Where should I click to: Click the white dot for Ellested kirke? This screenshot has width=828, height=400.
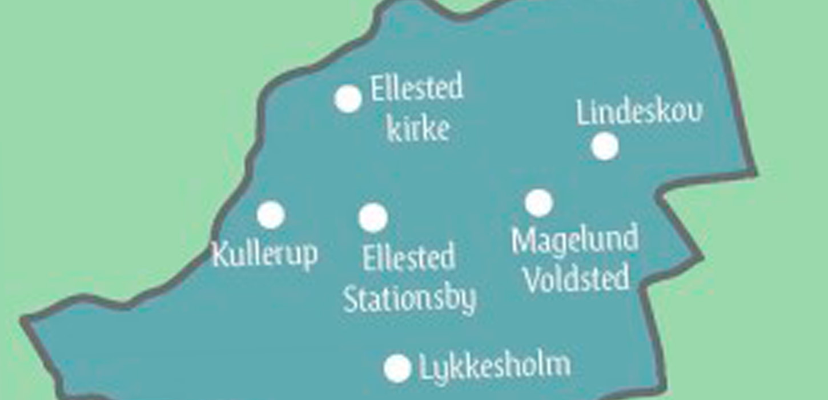click(348, 99)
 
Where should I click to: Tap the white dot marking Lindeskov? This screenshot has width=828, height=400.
click(605, 146)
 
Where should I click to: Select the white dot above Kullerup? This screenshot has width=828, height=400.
click(271, 215)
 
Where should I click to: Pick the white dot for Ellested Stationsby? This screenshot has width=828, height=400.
click(373, 218)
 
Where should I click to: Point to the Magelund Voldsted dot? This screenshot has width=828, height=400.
click(538, 203)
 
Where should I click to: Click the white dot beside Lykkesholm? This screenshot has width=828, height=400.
click(397, 368)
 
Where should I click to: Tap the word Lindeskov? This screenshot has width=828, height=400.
click(639, 112)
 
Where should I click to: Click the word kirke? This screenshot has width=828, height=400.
click(418, 129)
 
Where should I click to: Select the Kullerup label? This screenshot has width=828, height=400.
click(264, 254)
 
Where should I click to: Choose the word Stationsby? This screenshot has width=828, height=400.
click(409, 299)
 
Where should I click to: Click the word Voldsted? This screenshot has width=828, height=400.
click(577, 278)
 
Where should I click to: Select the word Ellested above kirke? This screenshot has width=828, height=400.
click(416, 89)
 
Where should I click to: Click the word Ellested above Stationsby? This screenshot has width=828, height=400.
click(409, 258)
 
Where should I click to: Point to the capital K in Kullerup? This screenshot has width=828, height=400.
click(219, 254)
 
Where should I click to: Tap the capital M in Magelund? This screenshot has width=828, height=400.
click(522, 241)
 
